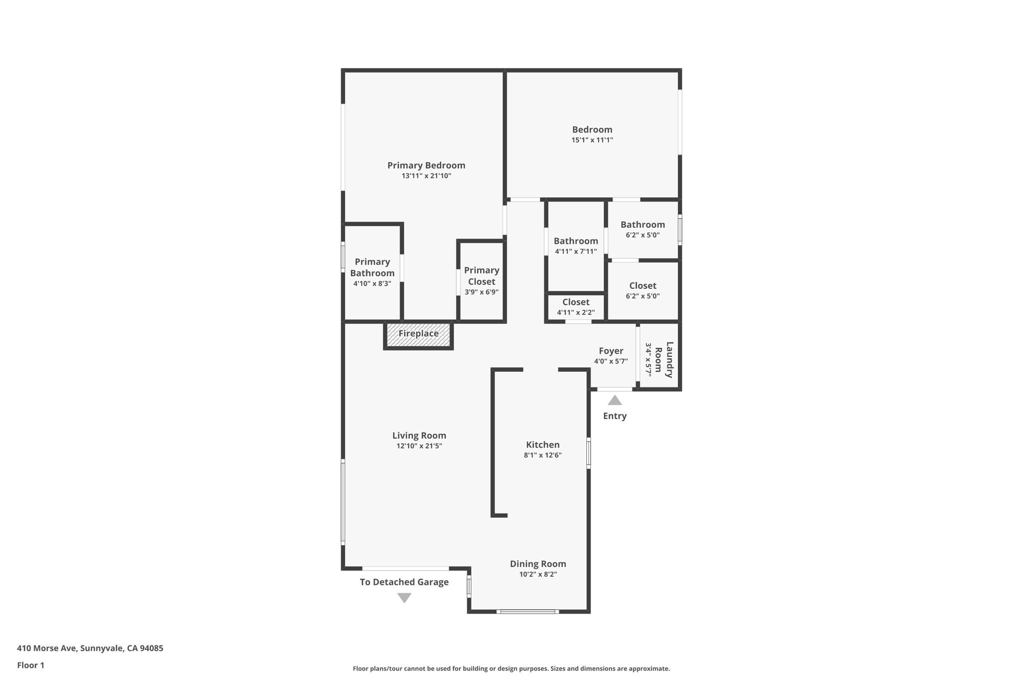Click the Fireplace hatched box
(x=419, y=334)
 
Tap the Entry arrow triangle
(x=614, y=400)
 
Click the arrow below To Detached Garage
(x=404, y=598)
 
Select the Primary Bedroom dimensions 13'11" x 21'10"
(x=426, y=176)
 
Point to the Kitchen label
(x=542, y=445)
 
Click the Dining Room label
(x=537, y=564)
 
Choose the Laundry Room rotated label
(x=664, y=359)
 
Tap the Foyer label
(x=611, y=351)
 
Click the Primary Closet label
(x=482, y=276)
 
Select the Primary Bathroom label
(x=372, y=267)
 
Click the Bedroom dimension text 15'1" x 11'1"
(x=592, y=140)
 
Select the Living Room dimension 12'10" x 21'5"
(x=419, y=446)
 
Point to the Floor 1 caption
(x=30, y=665)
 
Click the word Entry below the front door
(x=614, y=416)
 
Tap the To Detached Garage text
(x=404, y=582)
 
